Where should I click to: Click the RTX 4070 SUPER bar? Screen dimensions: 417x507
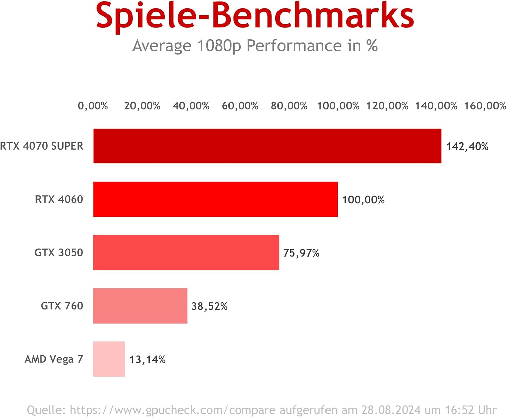(267, 146)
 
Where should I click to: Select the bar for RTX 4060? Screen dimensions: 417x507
(215, 199)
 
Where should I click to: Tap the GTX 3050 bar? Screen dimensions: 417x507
(186, 253)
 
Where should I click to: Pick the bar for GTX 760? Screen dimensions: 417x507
(140, 306)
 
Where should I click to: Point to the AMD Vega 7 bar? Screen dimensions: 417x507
(109, 359)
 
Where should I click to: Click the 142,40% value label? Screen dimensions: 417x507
(467, 147)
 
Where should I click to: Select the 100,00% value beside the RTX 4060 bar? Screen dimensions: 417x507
(363, 200)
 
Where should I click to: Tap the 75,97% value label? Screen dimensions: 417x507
(301, 253)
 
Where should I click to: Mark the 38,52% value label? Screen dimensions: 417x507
(210, 306)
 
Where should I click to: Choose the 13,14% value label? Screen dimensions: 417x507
(147, 360)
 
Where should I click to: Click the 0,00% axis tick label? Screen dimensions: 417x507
(93, 106)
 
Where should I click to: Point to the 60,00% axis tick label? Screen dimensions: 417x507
(240, 106)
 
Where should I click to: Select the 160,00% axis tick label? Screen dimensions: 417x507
(485, 106)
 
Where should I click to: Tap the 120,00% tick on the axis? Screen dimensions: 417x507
(387, 106)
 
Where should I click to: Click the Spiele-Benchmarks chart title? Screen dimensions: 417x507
(255, 16)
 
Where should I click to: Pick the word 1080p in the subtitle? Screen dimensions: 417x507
(219, 46)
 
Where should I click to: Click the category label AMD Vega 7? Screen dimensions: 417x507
(54, 359)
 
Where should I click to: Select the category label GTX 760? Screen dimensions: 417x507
(62, 306)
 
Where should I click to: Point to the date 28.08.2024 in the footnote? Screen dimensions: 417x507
(391, 410)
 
